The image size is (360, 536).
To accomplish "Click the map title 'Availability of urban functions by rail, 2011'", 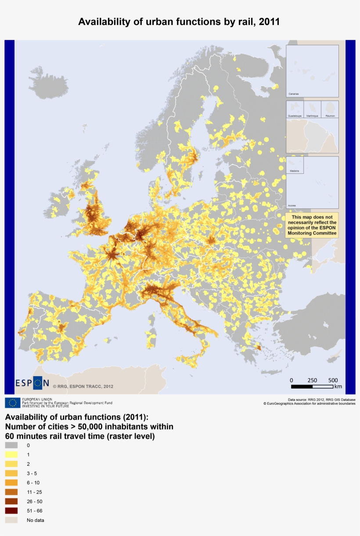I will click(179, 22).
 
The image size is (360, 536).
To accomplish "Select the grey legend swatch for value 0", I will click(11, 445).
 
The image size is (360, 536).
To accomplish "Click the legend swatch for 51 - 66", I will click(11, 511).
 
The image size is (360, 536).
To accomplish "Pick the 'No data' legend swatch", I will click(11, 520).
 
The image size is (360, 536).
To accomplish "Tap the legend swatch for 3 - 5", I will click(11, 473).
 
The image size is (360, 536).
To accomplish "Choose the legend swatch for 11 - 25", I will click(11, 492).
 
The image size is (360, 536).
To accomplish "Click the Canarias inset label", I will click(294, 94).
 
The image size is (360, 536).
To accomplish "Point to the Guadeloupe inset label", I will click(295, 116).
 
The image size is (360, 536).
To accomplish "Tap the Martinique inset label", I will click(312, 116).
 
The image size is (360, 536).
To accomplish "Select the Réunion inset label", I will click(330, 116).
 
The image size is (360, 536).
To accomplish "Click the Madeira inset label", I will click(294, 171).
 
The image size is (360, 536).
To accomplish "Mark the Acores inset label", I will click(292, 205).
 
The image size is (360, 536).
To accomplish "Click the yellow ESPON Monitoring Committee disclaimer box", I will click(312, 225).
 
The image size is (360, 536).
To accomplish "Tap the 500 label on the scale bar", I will click(333, 380).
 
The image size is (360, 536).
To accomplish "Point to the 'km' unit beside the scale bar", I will click(338, 387).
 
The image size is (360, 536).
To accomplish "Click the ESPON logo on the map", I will click(32, 383).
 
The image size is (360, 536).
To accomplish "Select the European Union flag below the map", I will click(12, 403).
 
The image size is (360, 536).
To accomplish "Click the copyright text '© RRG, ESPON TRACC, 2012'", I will click(83, 387).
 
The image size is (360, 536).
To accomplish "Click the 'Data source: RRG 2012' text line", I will click(321, 399).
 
